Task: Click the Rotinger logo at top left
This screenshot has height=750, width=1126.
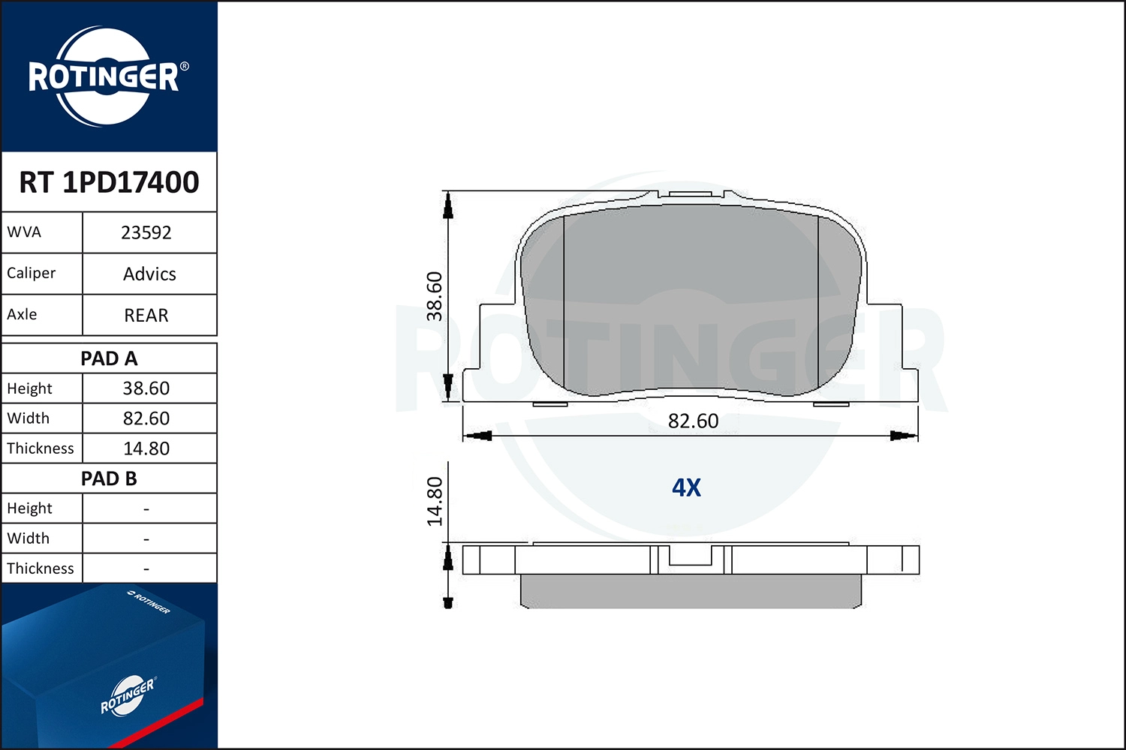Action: click(x=107, y=76)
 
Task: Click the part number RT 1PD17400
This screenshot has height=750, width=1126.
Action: click(x=109, y=182)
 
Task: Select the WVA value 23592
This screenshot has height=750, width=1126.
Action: click(x=146, y=232)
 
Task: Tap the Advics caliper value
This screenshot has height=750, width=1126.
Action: click(x=149, y=274)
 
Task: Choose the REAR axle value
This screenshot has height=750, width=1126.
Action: click(x=146, y=315)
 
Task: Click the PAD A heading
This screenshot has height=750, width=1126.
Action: click(x=109, y=358)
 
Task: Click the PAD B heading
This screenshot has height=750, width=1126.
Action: click(x=109, y=478)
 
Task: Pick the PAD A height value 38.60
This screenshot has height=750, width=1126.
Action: click(x=146, y=388)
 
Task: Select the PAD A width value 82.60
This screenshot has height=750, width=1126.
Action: click(x=146, y=418)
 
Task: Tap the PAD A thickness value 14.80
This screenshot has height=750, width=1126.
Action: click(x=146, y=448)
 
